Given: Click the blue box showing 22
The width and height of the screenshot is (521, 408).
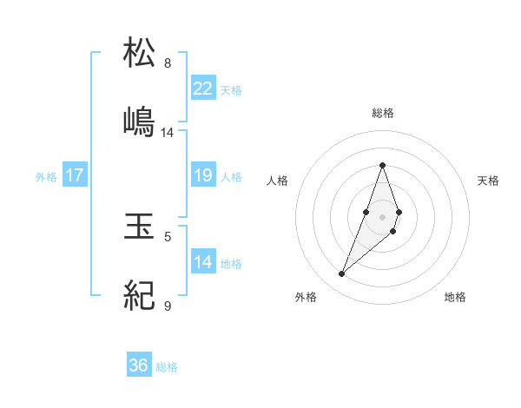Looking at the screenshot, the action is (203, 88).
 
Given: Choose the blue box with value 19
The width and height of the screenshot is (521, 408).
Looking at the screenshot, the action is (203, 175).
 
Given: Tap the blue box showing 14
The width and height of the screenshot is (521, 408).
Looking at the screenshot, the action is (203, 261).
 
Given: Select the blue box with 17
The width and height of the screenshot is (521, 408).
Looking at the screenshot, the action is (75, 175).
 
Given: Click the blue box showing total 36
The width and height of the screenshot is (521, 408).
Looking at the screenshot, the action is (139, 365).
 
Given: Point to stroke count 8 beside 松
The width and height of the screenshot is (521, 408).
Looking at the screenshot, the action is (168, 63).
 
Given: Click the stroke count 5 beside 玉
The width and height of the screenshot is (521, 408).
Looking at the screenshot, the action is (168, 235).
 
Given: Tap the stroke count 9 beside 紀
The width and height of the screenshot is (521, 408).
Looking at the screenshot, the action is (168, 306).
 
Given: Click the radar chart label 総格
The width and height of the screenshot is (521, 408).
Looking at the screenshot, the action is (383, 113).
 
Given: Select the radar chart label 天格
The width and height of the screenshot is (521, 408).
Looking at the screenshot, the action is (488, 181).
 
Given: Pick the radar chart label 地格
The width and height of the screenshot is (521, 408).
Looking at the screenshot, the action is (455, 297).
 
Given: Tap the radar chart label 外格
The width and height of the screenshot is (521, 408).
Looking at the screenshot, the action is (306, 297).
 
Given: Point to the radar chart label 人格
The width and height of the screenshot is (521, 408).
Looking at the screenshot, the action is (278, 181).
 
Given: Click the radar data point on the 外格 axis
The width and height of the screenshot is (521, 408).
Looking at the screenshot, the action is (341, 273).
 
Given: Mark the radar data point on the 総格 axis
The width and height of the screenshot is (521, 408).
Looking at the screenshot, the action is (382, 165).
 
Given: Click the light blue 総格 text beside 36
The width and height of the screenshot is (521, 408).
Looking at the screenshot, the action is (167, 367).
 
